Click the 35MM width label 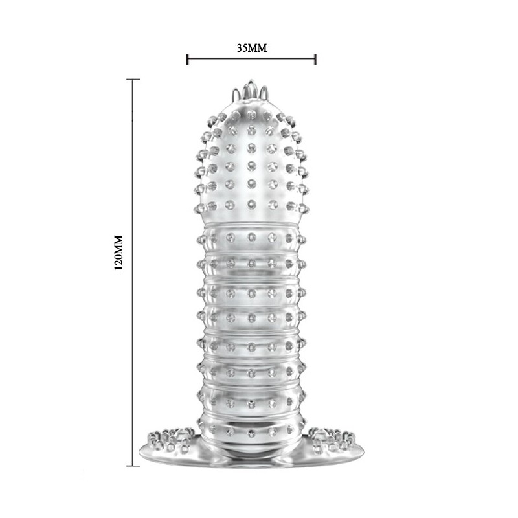click(252, 48)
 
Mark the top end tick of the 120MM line click(133, 80)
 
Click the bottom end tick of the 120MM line click(133, 465)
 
